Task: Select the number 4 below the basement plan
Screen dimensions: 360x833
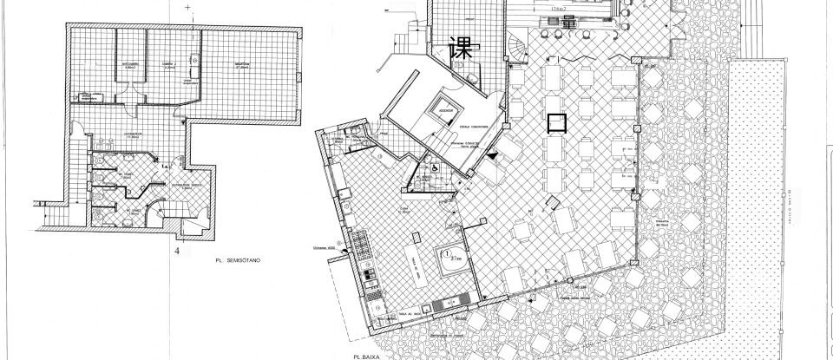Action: (x=177, y=252)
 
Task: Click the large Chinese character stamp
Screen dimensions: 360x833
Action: (x=461, y=49)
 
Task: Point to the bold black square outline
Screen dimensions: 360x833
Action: (x=556, y=123)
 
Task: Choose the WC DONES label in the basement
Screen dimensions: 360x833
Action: (x=132, y=210)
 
